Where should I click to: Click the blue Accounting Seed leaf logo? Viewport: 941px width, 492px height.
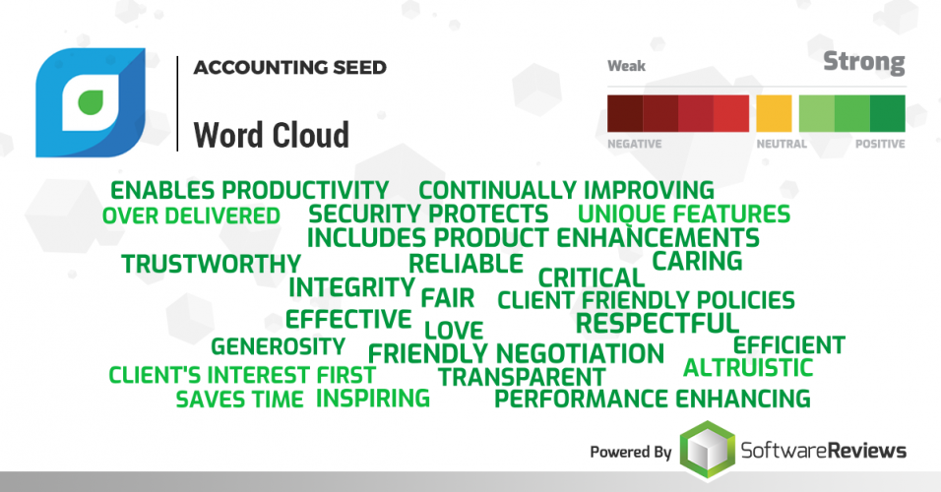coord(90,102)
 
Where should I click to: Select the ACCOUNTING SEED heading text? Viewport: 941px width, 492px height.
coord(289,68)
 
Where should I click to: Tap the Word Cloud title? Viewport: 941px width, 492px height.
coord(271,134)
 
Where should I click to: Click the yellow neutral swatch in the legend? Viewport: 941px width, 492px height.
coord(774,113)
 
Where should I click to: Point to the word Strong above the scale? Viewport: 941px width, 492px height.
coord(863,64)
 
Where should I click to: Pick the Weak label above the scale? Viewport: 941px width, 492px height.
coord(626,67)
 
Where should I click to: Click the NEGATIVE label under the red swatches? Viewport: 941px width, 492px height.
coord(634,144)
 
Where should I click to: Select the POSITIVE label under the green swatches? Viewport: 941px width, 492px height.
coord(879,144)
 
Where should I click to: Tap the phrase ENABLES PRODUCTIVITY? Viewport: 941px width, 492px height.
coord(249,190)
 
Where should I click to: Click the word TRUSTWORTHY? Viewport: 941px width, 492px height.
coord(211,264)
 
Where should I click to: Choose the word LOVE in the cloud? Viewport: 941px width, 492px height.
coord(454,330)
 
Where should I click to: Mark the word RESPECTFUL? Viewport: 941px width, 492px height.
coord(657,323)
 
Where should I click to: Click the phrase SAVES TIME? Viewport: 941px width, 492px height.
coord(239,400)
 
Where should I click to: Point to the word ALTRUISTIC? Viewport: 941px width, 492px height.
coord(748,368)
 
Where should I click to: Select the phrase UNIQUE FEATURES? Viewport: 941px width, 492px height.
coord(683,214)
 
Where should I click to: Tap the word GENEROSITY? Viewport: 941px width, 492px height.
coord(278,346)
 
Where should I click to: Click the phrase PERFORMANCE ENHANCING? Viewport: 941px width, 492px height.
coord(652,399)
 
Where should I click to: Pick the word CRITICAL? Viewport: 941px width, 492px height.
coord(591,277)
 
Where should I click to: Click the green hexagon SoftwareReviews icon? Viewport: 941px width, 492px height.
coord(707,451)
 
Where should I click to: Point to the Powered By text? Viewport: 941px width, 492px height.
coord(630,453)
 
